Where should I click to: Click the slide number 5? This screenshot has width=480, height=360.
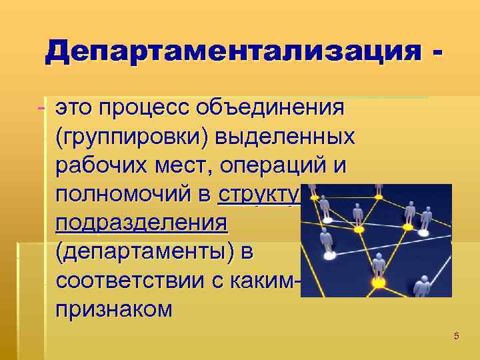pyautogui.click(x=456, y=336)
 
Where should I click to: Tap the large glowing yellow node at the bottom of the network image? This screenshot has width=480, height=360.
pyautogui.click(x=379, y=284)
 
